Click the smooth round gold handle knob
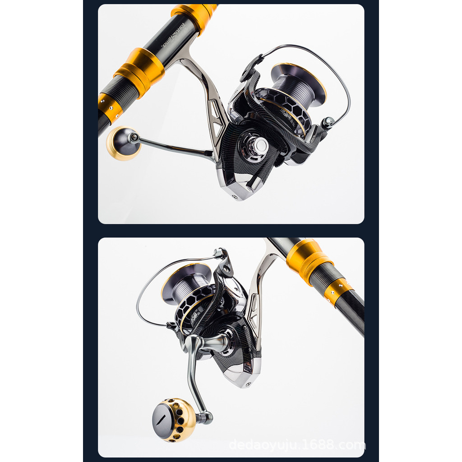[121, 143]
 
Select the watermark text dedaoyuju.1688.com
[296, 445]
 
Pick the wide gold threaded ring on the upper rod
[139, 72]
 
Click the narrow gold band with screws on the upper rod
[109, 108]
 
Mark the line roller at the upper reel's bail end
[328, 121]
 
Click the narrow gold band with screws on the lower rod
[337, 291]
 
